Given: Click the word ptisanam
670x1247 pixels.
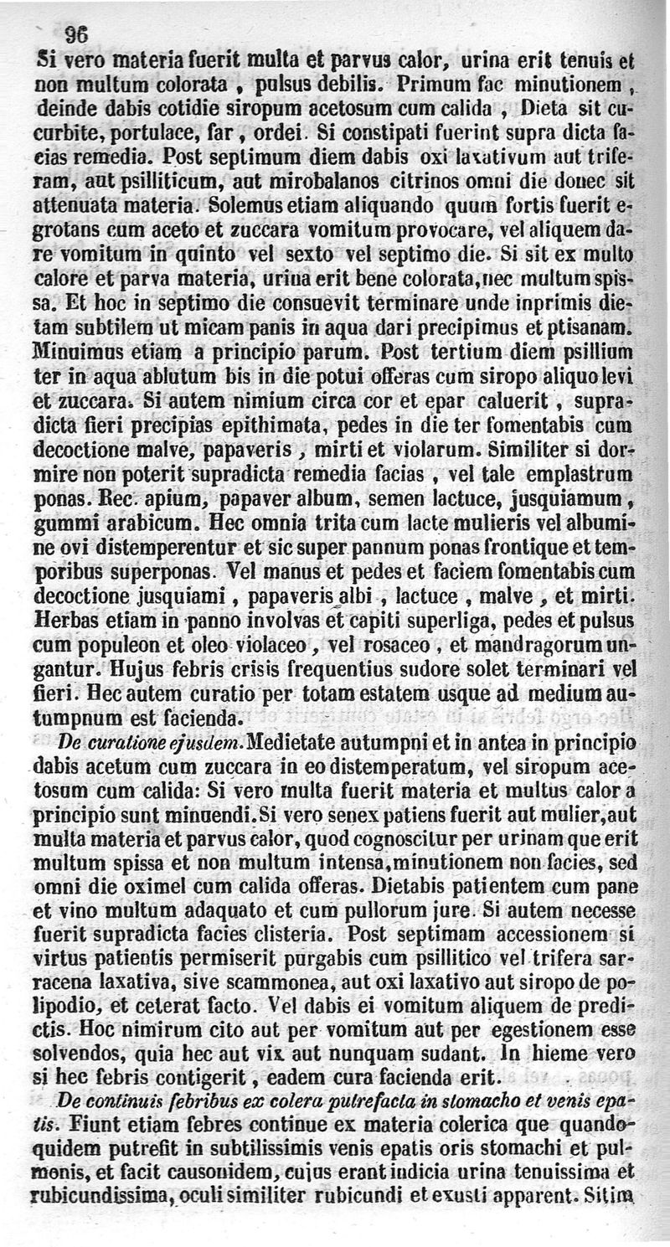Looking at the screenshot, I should (592, 324).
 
